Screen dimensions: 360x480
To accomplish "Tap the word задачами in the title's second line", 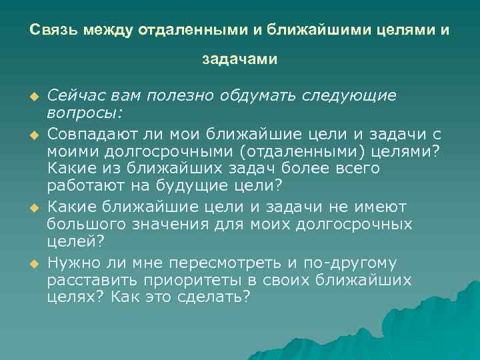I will tap(240, 60).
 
